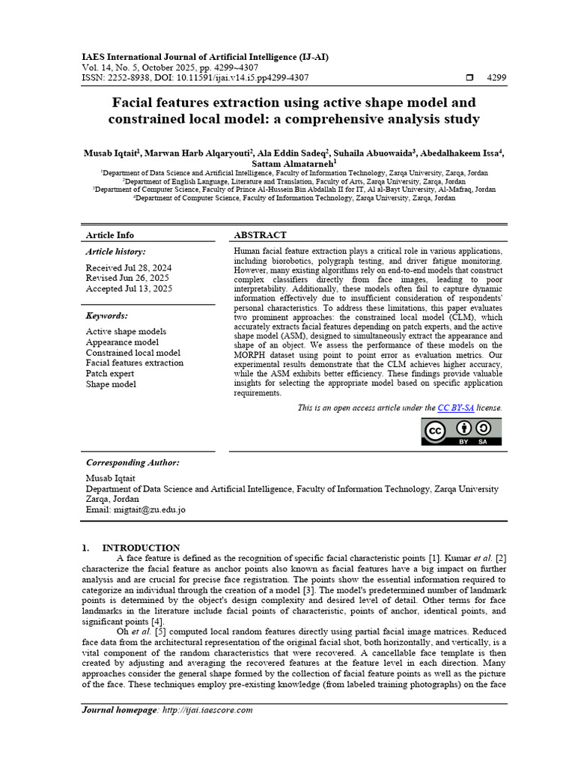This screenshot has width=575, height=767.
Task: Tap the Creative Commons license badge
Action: coord(461,432)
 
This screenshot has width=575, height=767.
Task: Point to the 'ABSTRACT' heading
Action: coord(260,235)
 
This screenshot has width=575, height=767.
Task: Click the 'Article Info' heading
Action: coord(110,235)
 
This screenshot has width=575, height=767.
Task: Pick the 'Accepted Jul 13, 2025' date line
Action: coord(128,289)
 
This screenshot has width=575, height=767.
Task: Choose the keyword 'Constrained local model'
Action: coord(133,353)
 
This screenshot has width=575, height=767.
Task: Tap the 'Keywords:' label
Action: coord(107,316)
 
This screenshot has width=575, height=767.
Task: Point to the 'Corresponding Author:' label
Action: coord(133,463)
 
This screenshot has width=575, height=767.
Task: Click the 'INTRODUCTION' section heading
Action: coord(141,548)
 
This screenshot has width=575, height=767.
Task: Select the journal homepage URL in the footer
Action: coord(207,710)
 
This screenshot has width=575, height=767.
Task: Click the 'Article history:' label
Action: coord(116,252)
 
